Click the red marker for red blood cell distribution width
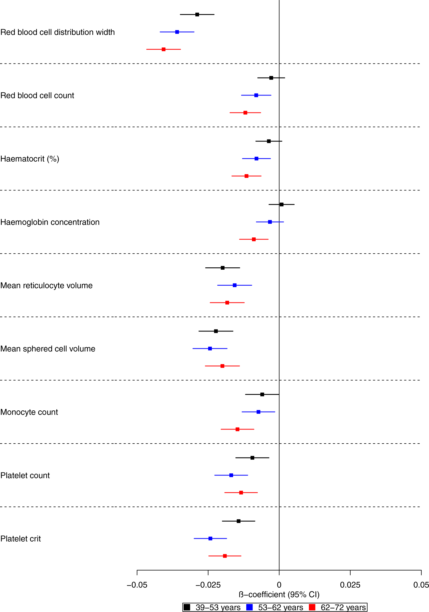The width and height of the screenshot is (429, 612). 164,49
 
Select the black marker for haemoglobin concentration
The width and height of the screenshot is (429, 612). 281,204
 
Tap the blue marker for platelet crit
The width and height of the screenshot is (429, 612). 210,539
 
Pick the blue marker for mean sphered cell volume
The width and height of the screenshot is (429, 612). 210,349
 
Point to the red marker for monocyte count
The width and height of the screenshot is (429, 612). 237,429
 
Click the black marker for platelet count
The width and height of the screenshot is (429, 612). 252,458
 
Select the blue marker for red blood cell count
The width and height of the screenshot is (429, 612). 256,95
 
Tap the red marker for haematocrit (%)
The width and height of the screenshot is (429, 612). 247,176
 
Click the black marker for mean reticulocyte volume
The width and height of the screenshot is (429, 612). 223,268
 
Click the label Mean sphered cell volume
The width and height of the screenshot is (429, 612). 48,349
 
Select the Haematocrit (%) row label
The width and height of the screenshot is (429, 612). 30,159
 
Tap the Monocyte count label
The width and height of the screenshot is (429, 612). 29,412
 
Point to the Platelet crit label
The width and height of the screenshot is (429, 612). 21,539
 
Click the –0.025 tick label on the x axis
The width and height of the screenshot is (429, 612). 208,585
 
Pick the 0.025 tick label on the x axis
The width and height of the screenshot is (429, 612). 350,585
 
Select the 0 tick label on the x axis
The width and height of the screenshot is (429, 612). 279,585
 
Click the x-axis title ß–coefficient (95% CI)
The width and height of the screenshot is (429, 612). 279,595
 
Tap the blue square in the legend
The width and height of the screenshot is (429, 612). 250,607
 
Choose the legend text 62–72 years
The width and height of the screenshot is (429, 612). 343,607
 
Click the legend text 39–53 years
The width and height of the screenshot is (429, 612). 218,607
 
